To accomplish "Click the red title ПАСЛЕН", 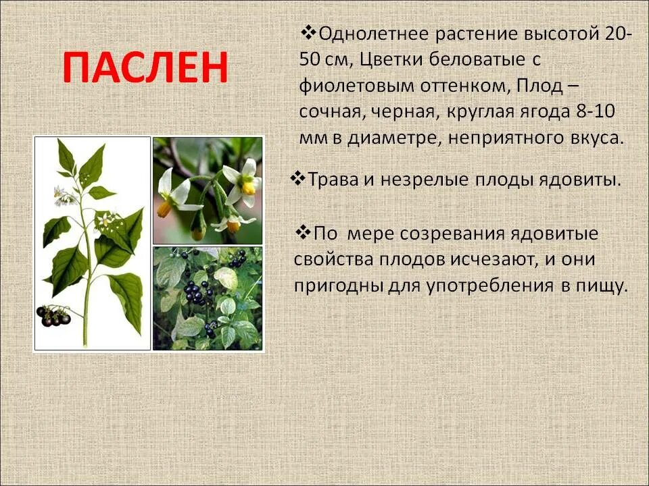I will click(145, 67).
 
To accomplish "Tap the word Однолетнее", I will click(366, 34).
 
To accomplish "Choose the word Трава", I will click(334, 180).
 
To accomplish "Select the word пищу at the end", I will click(602, 286).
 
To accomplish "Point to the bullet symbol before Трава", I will click(297, 179).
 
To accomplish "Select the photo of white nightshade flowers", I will click(207, 190).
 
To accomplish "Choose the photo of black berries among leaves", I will click(207, 298).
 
